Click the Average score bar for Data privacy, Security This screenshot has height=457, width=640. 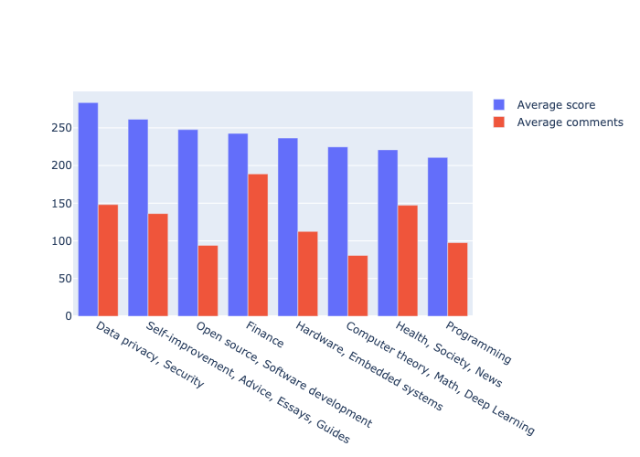[88, 209]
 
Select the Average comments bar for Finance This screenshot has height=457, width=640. [258, 245]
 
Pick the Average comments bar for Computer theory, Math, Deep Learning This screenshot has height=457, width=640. [357, 286]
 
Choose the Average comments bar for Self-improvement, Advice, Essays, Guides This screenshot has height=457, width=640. [158, 265]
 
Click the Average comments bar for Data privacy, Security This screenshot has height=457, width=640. [108, 260]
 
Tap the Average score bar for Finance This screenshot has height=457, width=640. [238, 225]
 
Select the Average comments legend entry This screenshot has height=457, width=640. [570, 122]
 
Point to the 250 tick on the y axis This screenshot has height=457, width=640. [61, 128]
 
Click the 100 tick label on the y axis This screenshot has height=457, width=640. [61, 241]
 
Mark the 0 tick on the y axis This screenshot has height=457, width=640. [67, 316]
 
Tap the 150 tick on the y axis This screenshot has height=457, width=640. [61, 204]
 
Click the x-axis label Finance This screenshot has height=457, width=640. [264, 336]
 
